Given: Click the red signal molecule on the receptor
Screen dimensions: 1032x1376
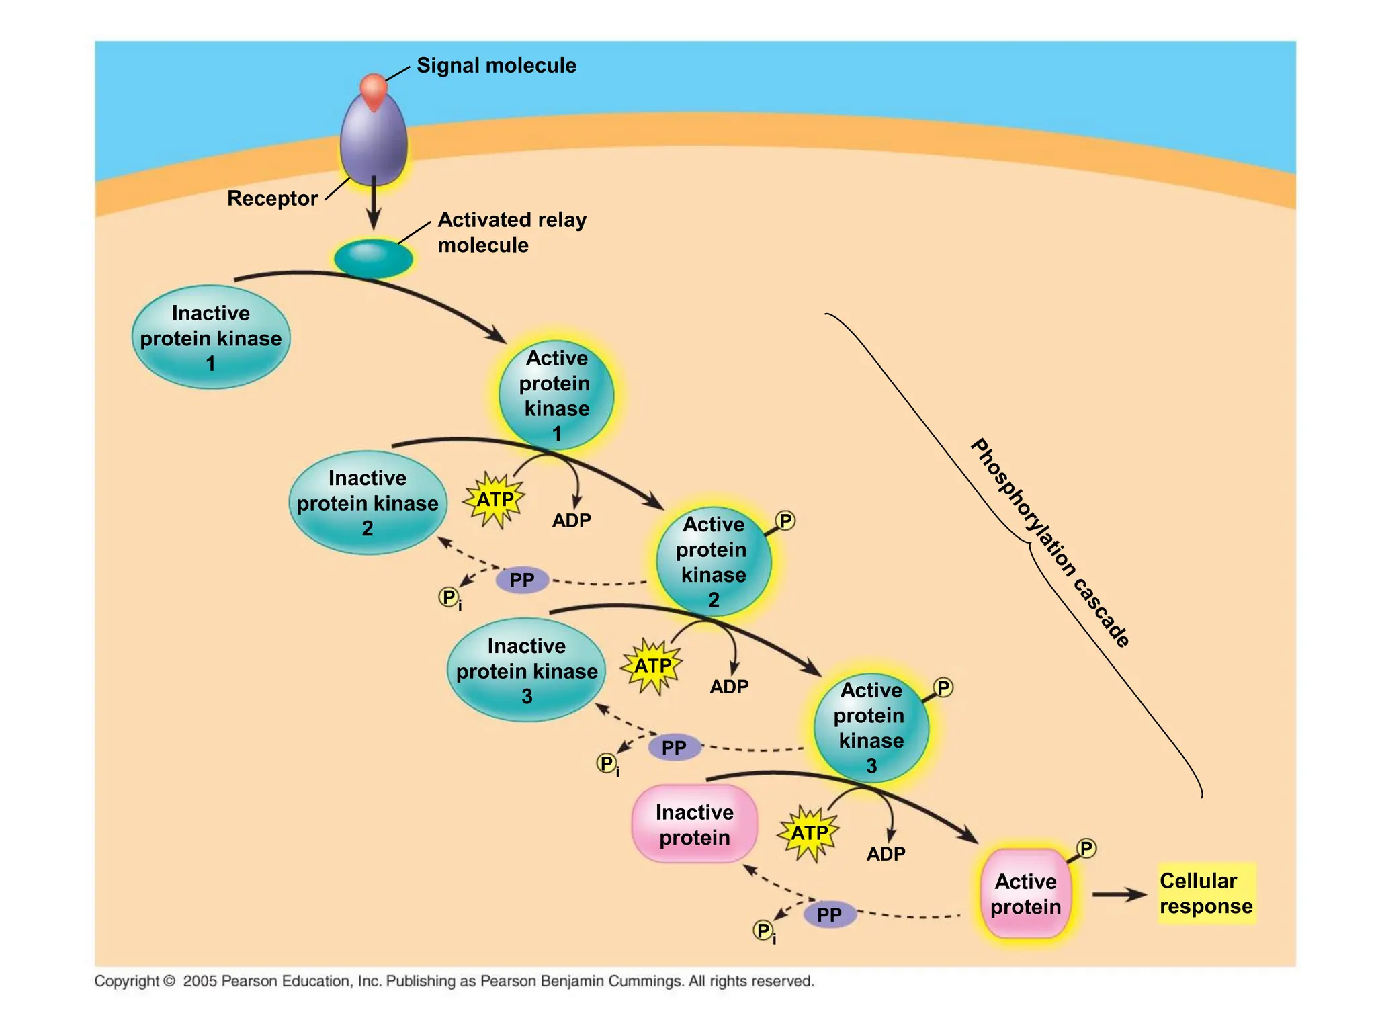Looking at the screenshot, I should pyautogui.click(x=374, y=90).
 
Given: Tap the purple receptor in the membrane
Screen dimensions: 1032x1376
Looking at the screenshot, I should pyautogui.click(x=374, y=144).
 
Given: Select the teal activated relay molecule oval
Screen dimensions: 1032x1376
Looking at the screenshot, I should pyautogui.click(x=373, y=258).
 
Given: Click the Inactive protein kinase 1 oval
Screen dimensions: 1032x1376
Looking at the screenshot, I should pyautogui.click(x=211, y=337).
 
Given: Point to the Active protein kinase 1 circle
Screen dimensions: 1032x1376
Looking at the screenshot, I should pyautogui.click(x=556, y=395).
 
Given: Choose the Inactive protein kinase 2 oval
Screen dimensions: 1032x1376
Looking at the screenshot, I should pyautogui.click(x=368, y=503).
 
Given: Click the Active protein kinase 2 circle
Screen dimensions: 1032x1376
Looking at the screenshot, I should pyautogui.click(x=714, y=562).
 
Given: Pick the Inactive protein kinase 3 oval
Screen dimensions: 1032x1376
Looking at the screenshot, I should pyautogui.click(x=527, y=670).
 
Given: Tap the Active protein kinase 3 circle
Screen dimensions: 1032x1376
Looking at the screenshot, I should pyautogui.click(x=871, y=728).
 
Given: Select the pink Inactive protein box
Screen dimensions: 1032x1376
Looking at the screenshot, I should pyautogui.click(x=695, y=824).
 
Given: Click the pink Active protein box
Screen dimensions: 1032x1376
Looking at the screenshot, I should pyautogui.click(x=1025, y=893).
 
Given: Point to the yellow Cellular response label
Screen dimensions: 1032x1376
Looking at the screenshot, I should pyautogui.click(x=1206, y=893).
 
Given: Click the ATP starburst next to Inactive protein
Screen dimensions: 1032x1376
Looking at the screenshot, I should pyautogui.click(x=809, y=833).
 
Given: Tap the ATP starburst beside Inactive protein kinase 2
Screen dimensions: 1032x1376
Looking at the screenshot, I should pyautogui.click(x=495, y=500).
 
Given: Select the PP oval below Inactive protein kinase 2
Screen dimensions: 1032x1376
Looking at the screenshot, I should pyautogui.click(x=522, y=580).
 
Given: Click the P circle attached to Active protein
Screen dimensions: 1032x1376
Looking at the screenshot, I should pyautogui.click(x=1086, y=848).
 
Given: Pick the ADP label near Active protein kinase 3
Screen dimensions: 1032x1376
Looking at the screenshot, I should pyautogui.click(x=729, y=687).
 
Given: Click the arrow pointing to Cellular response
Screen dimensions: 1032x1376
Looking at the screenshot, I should pyautogui.click(x=1119, y=894).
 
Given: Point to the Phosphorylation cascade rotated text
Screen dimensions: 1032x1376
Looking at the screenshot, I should pyautogui.click(x=1050, y=543).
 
